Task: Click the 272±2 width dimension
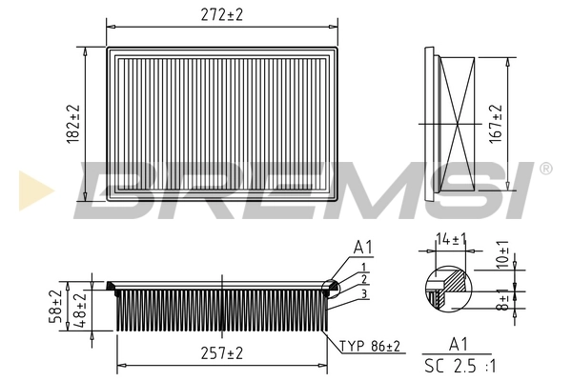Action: (223, 15)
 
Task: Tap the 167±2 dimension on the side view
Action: (493, 123)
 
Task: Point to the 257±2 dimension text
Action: (222, 353)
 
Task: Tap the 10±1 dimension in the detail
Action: (502, 260)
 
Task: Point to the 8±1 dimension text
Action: (502, 302)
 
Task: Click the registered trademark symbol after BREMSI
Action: (545, 169)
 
